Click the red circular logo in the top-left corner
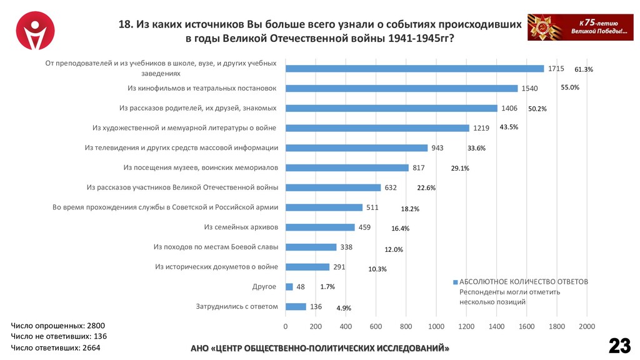point(35,32)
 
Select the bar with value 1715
point(414,68)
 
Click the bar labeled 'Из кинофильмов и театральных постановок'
point(401,88)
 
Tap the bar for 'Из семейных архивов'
point(320,227)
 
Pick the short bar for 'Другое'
point(289,287)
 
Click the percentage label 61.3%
point(583,69)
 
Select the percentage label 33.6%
point(476,148)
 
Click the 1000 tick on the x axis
point(436,326)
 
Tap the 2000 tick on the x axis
point(586,326)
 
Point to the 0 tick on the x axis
point(286,326)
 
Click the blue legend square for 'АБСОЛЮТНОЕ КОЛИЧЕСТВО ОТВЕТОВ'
point(456,282)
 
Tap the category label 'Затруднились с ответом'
point(236,306)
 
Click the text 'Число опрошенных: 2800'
point(58,326)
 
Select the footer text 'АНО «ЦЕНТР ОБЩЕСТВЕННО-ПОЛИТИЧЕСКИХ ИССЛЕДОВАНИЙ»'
point(319,347)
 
